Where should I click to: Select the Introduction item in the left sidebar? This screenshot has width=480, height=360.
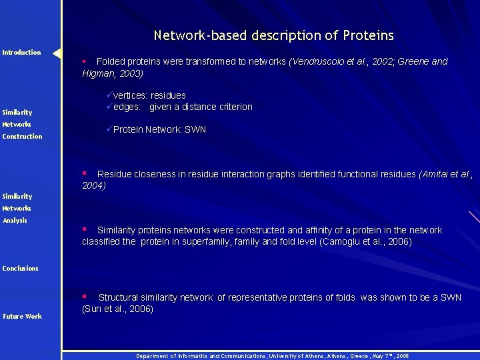point(21,53)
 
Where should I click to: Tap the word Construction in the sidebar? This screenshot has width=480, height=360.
point(22,137)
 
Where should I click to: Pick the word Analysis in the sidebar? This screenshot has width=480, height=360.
point(15,221)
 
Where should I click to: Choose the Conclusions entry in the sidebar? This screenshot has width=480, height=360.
point(20,269)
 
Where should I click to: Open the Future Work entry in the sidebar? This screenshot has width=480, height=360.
point(22,317)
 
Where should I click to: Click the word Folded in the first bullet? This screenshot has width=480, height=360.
point(112,61)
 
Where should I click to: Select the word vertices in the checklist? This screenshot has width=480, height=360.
point(131,95)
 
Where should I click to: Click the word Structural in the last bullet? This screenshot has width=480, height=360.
point(120,297)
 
